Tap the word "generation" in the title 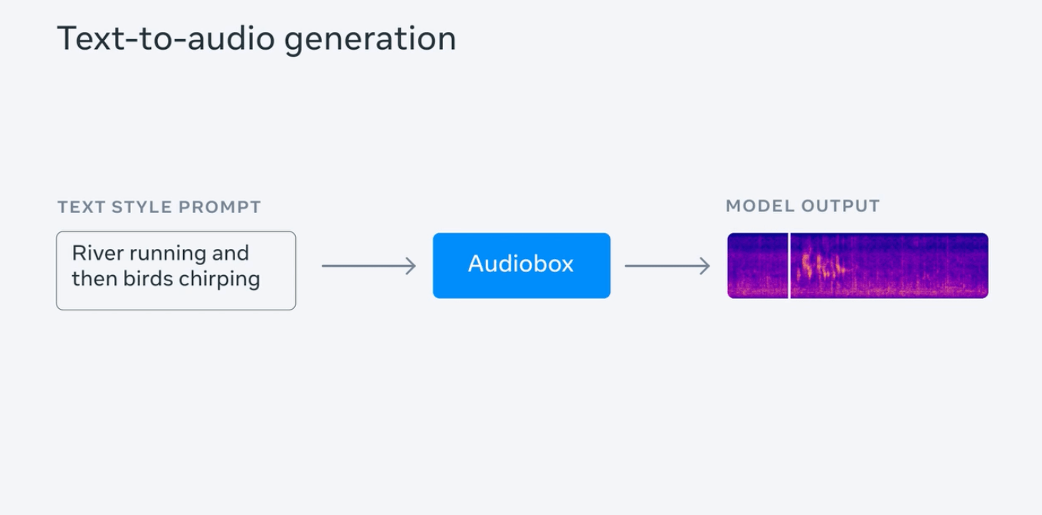(x=370, y=40)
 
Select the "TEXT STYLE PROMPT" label (x=159, y=207)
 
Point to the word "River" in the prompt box (x=97, y=253)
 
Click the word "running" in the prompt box (x=169, y=254)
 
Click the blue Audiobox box (x=521, y=265)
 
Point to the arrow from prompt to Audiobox (x=369, y=266)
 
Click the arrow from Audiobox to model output (x=667, y=266)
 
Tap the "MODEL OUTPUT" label (x=803, y=206)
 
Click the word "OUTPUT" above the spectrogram (x=840, y=206)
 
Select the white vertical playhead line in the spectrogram (x=789, y=265)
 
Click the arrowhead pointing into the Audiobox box (x=411, y=266)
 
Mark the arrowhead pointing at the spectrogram (x=706, y=266)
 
